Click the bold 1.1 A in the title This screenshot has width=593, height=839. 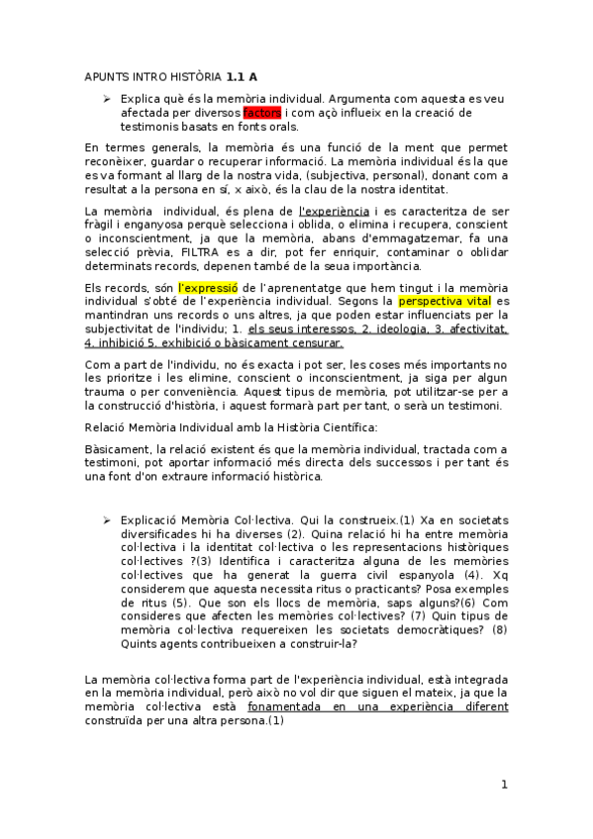tap(242, 75)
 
